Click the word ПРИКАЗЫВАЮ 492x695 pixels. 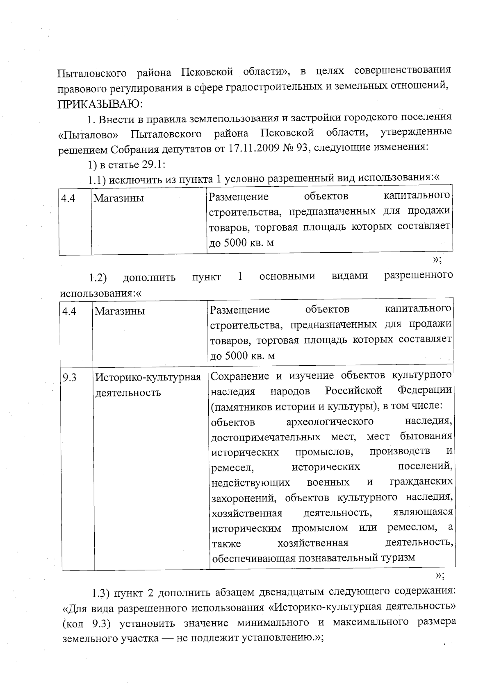pyautogui.click(x=100, y=103)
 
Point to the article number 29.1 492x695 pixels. pyautogui.click(x=154, y=164)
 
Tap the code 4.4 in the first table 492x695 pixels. pyautogui.click(x=68, y=199)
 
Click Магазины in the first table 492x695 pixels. pyautogui.click(x=118, y=199)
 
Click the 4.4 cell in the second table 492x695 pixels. pyautogui.click(x=69, y=312)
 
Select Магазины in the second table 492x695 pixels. pyautogui.click(x=120, y=311)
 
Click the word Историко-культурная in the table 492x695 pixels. pyautogui.click(x=148, y=377)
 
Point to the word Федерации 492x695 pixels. pyautogui.click(x=425, y=389)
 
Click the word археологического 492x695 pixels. pyautogui.click(x=330, y=421)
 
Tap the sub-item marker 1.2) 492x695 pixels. pyautogui.click(x=98, y=278)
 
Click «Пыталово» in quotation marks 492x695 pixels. pyautogui.click(x=88, y=134)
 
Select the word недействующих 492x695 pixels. pyautogui.click(x=251, y=483)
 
